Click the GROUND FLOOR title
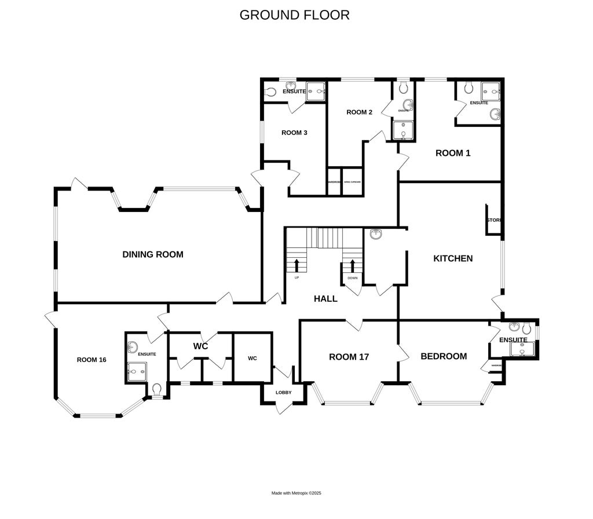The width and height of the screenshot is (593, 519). pos(294,15)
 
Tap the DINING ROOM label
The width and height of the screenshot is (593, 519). pos(153,254)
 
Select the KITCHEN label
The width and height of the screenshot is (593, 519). pos(453,258)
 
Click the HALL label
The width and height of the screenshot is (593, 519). pos(325,299)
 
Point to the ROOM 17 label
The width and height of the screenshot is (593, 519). pos(349,357)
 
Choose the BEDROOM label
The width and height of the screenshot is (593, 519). pos(444,356)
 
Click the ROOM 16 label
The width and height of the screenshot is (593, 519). pos(91,360)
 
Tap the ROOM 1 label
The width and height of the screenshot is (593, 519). pos(453,153)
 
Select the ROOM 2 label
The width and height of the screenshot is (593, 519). pos(359,112)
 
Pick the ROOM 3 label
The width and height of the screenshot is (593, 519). pos(294,133)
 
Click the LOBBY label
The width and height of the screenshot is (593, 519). pos(283,393)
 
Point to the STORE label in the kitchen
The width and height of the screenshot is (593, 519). pos(494,220)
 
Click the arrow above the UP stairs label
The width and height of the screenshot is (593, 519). pos(297,266)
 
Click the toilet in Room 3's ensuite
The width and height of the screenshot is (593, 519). pos(270,92)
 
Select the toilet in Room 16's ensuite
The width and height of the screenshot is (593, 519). pos(156,389)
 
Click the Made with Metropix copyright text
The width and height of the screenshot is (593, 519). pos(296,493)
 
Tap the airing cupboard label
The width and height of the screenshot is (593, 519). pos(352,182)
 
